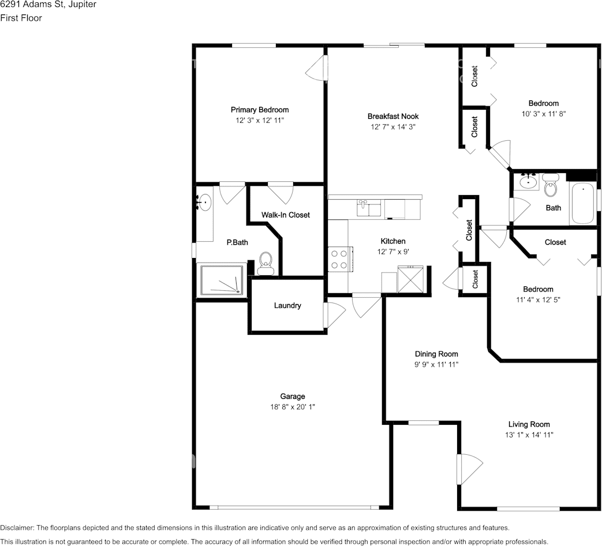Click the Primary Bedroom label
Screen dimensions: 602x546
(260, 110)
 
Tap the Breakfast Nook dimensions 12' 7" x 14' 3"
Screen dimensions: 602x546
(392, 127)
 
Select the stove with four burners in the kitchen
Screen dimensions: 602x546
(340, 259)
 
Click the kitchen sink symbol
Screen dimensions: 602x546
(369, 208)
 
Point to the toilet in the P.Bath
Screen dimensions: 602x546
(265, 263)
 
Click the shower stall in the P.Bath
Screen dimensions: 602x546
(221, 279)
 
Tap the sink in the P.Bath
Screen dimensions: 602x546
(204, 203)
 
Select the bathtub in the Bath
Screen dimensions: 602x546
(582, 204)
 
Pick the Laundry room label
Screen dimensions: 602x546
(287, 306)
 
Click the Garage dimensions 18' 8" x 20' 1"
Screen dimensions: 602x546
(293, 407)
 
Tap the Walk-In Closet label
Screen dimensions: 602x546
(285, 215)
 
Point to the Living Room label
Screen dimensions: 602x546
(529, 424)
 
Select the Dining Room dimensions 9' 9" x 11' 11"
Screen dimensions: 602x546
(436, 364)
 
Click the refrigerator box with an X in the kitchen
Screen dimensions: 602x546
(410, 279)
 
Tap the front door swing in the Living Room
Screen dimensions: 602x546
(469, 470)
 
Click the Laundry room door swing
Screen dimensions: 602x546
(334, 315)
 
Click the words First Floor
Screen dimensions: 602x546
(21, 18)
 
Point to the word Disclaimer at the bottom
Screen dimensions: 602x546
(17, 528)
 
